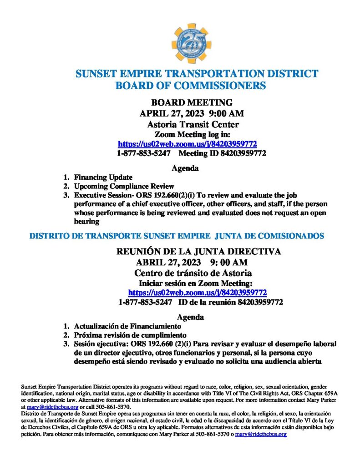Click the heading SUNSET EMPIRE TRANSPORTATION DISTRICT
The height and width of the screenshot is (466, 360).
(197, 74)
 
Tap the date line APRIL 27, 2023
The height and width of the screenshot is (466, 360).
(192, 113)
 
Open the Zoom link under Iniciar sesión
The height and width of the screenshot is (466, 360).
(198, 292)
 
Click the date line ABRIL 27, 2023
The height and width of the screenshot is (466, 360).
(192, 262)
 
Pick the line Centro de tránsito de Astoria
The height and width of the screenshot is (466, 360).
(193, 273)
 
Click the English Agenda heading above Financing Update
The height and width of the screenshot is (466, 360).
(185, 168)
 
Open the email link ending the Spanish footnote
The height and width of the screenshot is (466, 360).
(260, 434)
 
